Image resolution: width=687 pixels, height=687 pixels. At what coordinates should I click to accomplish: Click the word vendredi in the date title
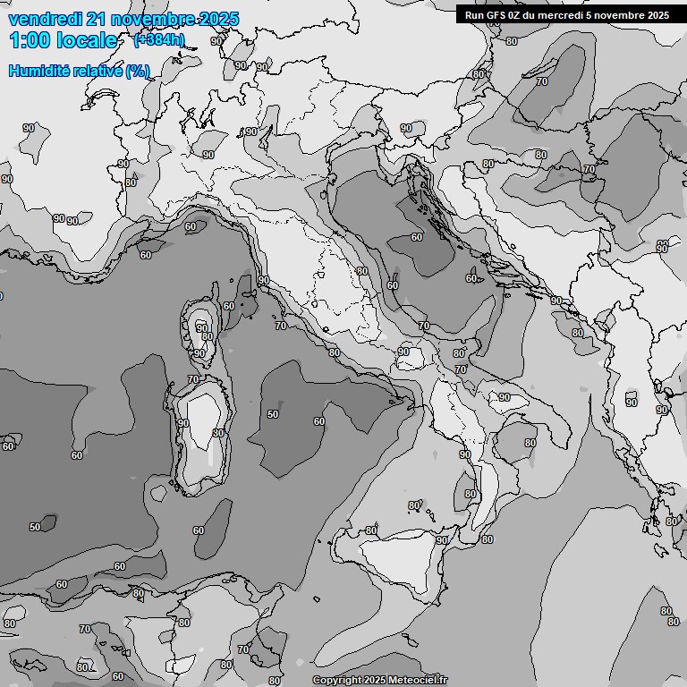[42, 19]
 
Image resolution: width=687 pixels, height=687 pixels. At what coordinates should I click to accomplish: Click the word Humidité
[37, 71]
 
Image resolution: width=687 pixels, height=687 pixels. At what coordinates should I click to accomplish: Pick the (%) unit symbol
[138, 71]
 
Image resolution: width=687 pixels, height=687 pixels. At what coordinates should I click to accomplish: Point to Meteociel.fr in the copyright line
[418, 681]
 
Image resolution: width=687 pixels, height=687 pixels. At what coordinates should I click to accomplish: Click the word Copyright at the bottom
[336, 681]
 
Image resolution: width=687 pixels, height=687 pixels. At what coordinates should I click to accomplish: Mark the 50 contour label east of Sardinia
[273, 414]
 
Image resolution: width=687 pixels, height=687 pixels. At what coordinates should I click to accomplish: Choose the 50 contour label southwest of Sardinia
[35, 527]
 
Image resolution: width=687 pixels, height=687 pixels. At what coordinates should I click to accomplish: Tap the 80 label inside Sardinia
[218, 433]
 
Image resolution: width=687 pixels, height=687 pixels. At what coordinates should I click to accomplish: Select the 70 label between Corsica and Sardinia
[192, 379]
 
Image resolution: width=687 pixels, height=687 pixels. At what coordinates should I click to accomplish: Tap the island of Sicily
[394, 564]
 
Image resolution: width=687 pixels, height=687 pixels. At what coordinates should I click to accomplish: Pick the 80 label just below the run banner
[512, 41]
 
